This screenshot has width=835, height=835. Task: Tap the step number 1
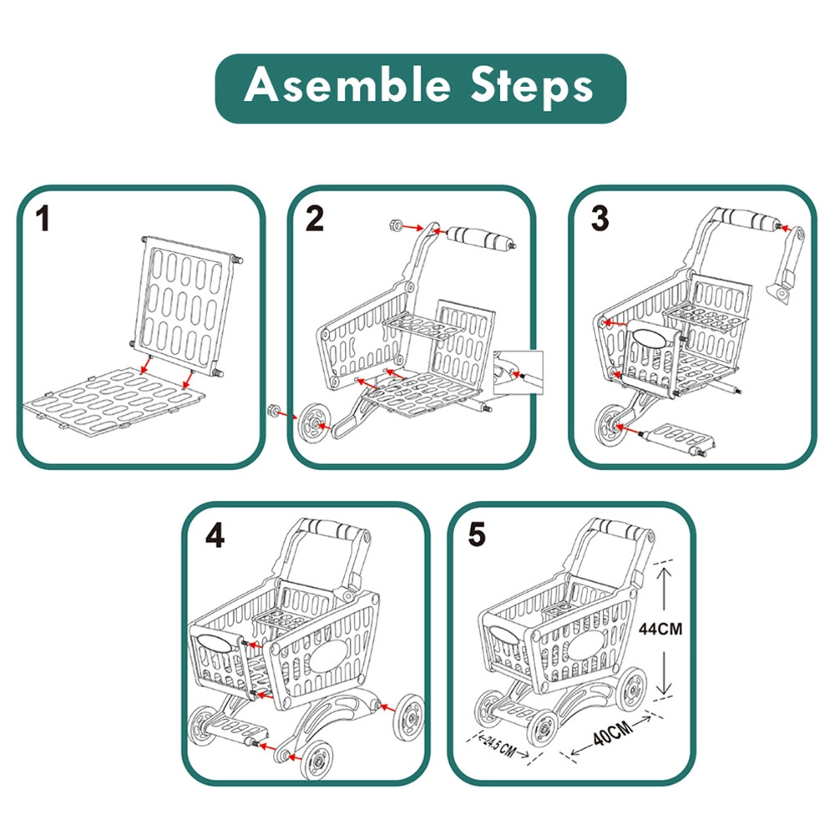[43, 220]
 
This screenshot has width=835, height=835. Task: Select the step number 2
[314, 220]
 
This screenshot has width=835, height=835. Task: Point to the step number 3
[600, 220]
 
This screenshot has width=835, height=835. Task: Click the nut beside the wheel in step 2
[272, 411]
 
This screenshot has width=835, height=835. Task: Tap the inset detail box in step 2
[518, 372]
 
